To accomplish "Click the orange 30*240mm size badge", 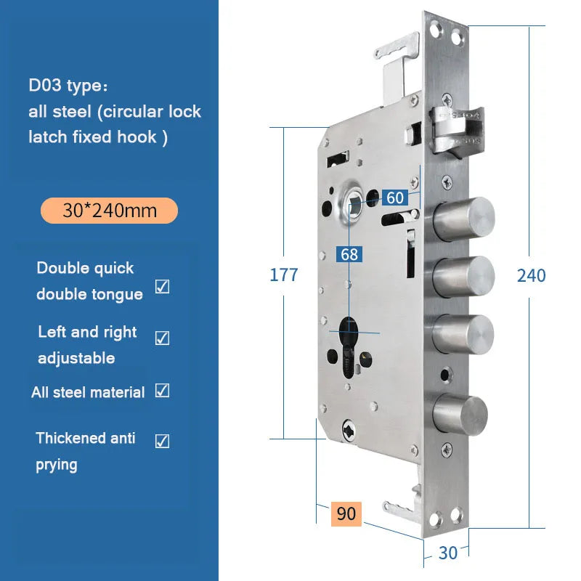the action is (x=110, y=211).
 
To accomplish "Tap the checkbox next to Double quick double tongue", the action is (x=162, y=286).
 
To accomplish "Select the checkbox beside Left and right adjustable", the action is (x=162, y=338).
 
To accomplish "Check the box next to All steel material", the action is (x=162, y=391).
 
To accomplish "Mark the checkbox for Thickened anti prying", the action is (x=162, y=441).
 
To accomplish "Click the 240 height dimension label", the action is (x=532, y=276).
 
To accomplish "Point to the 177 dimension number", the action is (x=284, y=275).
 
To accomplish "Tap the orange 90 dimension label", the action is (x=346, y=513).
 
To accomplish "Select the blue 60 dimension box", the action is (x=395, y=198).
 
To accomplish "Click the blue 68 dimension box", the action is (x=349, y=254).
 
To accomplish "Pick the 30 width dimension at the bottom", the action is (x=447, y=553).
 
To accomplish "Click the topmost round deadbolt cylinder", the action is (x=464, y=219).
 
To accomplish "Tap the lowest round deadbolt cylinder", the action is (x=460, y=415).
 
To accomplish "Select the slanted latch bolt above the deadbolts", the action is (x=457, y=131).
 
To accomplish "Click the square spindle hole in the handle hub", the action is (x=354, y=206).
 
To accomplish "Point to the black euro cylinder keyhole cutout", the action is (x=349, y=347).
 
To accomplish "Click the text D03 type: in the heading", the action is (x=68, y=86).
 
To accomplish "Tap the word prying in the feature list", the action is (x=57, y=465).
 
